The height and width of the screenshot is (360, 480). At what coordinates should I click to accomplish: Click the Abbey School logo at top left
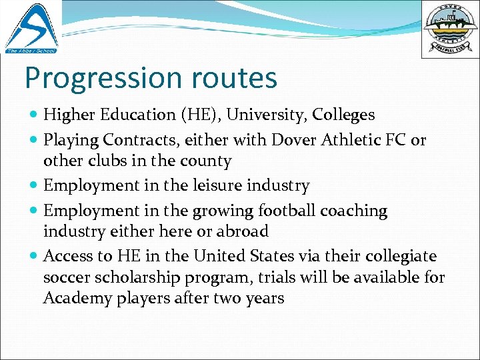coord(31,28)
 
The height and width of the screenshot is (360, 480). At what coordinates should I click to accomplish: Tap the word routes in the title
coord(236,78)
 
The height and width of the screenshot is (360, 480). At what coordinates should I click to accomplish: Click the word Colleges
coord(343,115)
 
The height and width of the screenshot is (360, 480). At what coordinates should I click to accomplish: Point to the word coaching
coord(354,211)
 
